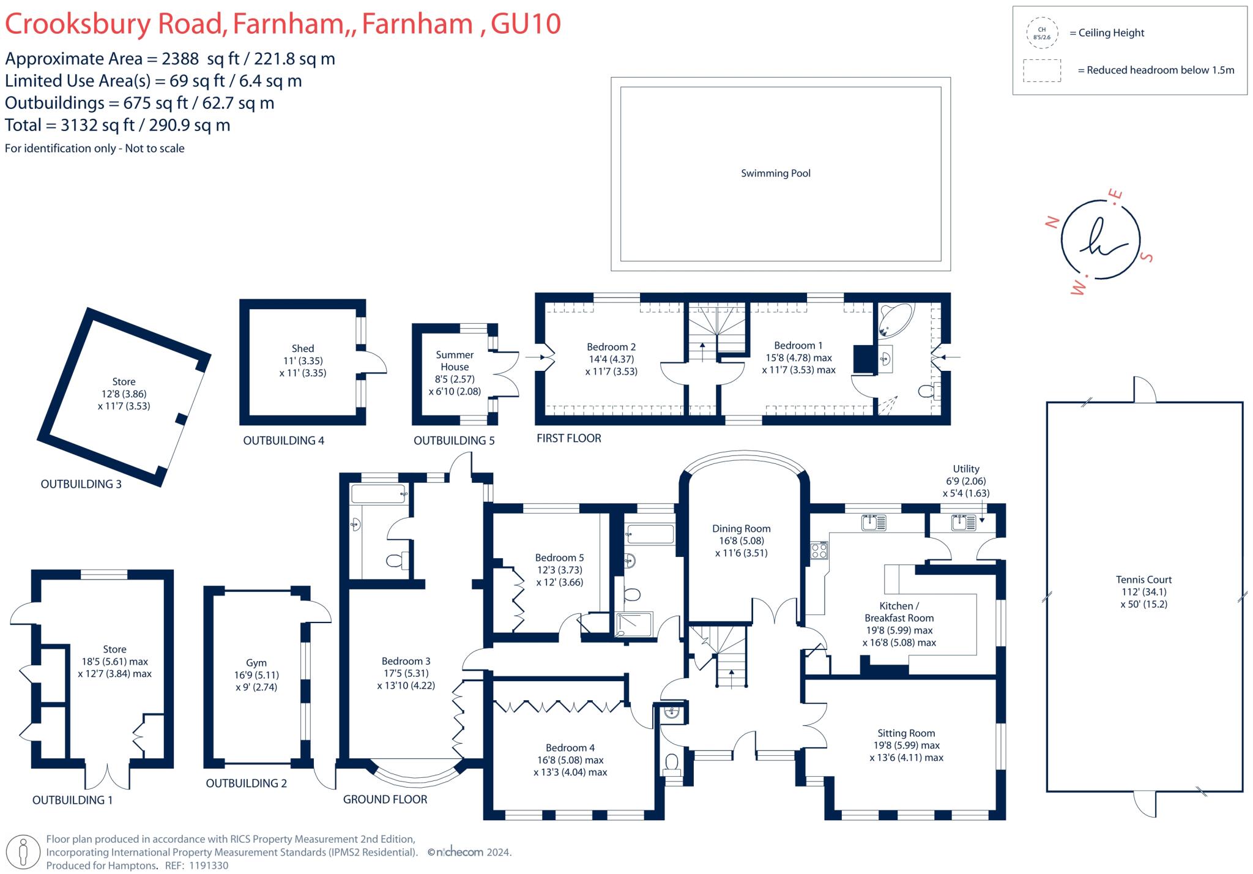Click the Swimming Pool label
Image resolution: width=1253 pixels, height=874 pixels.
tap(775, 173)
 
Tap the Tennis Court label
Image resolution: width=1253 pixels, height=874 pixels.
tap(1143, 580)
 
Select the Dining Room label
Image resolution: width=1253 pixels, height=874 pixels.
tap(741, 529)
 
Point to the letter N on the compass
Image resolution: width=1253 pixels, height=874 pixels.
tap(1052, 222)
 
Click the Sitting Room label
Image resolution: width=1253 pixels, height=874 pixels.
tap(906, 733)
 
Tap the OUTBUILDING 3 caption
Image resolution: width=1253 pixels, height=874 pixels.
tap(81, 484)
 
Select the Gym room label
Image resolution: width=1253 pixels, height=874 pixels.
tap(256, 663)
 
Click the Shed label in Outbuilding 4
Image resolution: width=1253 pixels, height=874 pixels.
tap(302, 348)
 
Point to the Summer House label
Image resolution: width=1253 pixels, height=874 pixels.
tap(455, 360)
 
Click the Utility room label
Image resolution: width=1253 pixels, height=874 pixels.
tap(966, 469)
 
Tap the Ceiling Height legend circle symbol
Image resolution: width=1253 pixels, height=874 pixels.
tap(1041, 33)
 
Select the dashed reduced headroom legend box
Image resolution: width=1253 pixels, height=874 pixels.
tap(1042, 70)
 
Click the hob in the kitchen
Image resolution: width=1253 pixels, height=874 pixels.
tap(819, 550)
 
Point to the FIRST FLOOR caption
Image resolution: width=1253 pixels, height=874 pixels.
tap(568, 438)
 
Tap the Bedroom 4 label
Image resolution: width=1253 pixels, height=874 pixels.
tap(570, 748)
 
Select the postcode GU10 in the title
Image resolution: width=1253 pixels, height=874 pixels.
tap(526, 24)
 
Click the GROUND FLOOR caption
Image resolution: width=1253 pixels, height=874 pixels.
tap(385, 799)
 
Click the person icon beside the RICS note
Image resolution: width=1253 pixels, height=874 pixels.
tap(23, 852)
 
